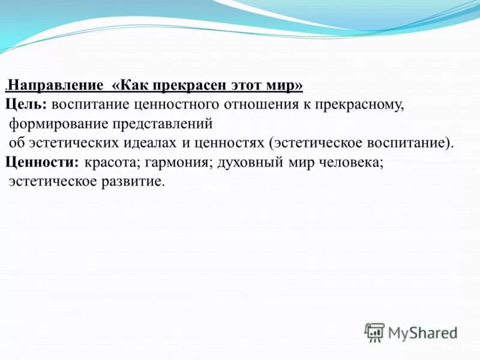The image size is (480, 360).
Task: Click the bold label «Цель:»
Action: point(26,104)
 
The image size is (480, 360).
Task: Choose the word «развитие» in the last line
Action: point(137,181)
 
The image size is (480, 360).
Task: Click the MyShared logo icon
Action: point(374,332)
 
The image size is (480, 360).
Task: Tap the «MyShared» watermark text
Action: point(422,332)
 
